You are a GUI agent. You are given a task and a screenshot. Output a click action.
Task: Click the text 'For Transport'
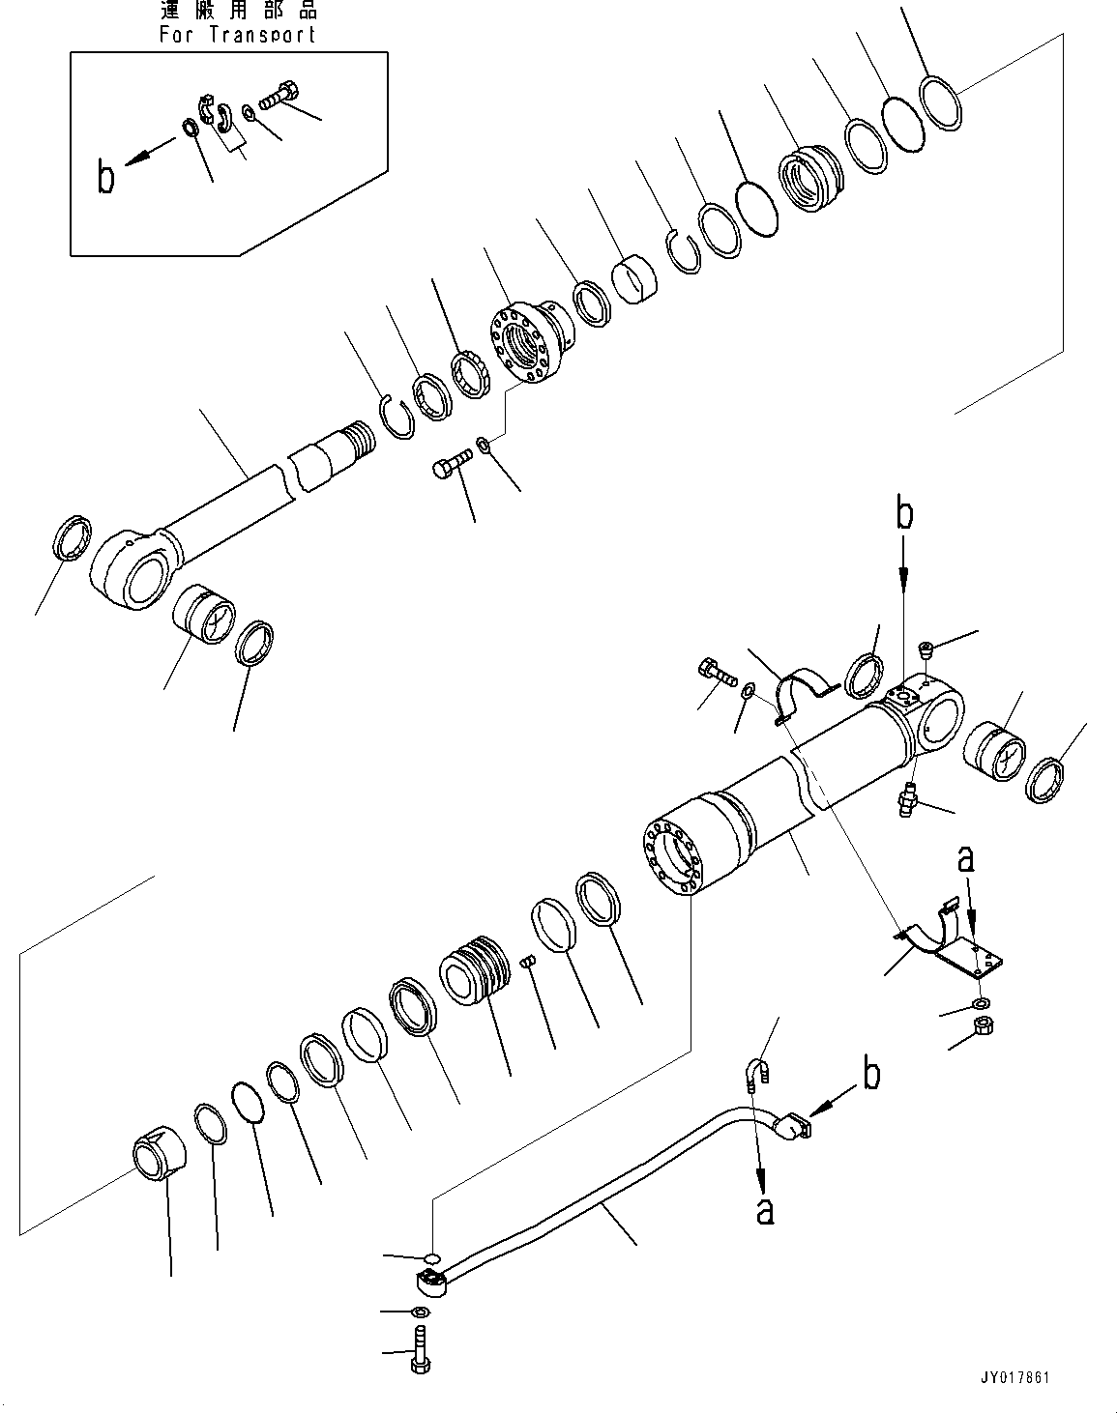(x=237, y=34)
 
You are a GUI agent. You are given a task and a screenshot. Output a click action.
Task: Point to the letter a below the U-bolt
(x=764, y=1209)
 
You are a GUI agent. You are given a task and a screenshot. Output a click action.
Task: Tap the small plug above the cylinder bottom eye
(x=926, y=650)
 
